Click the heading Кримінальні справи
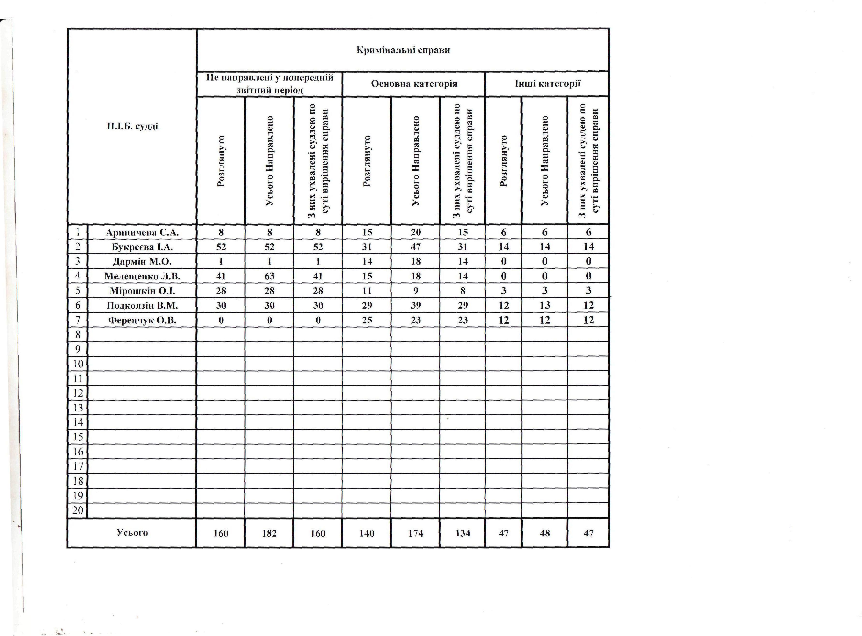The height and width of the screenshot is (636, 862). click(x=403, y=50)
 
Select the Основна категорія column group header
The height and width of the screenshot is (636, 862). click(x=414, y=84)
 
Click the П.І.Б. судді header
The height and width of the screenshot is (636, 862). click(x=133, y=126)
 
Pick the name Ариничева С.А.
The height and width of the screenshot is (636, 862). click(x=142, y=233)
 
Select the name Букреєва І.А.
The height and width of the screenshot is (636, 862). click(x=142, y=247)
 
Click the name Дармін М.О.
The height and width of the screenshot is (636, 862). click(x=142, y=262)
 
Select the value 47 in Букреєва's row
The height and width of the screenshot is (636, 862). click(x=416, y=247)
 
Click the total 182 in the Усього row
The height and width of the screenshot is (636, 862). click(x=269, y=533)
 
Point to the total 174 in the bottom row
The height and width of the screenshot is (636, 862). click(x=416, y=533)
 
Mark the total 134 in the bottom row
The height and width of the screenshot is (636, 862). click(x=462, y=533)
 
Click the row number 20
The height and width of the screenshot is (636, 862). click(x=78, y=510)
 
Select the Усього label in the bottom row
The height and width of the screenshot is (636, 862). click(x=132, y=533)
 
